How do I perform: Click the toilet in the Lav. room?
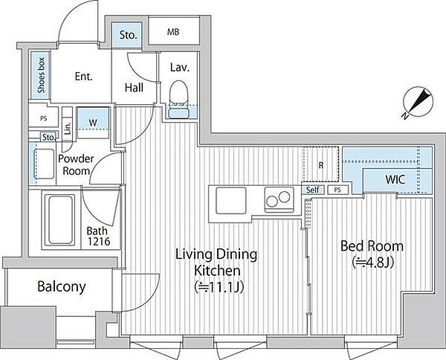(x=179, y=100)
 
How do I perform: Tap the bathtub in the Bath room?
(x=60, y=219)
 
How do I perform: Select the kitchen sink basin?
(x=230, y=200)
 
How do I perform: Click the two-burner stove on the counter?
(x=279, y=199)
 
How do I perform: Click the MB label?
(x=173, y=32)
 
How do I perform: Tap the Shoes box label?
(x=41, y=75)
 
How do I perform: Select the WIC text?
(x=395, y=179)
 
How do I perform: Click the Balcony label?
(x=62, y=286)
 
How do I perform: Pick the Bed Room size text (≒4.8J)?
(x=372, y=263)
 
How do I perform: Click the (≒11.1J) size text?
(x=219, y=287)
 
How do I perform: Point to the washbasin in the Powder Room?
(x=44, y=164)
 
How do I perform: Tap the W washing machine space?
(x=93, y=123)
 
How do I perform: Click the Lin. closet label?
(x=68, y=129)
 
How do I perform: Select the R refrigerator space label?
(x=321, y=165)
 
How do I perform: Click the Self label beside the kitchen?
(x=313, y=190)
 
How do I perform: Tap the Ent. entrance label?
(x=84, y=77)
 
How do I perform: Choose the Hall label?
(x=134, y=87)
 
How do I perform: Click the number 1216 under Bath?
(x=99, y=241)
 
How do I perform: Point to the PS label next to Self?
(x=337, y=190)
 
